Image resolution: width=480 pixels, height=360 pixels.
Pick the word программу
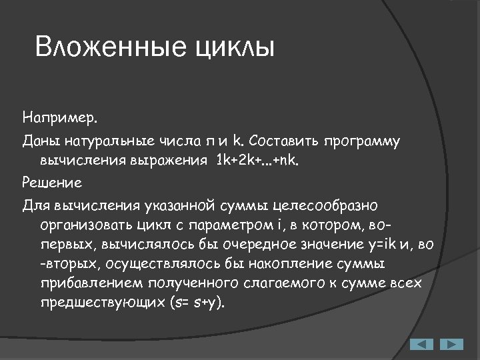click(363, 141)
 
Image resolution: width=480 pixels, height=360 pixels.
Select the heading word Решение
click(52, 181)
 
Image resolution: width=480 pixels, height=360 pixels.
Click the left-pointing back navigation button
click(421, 344)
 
